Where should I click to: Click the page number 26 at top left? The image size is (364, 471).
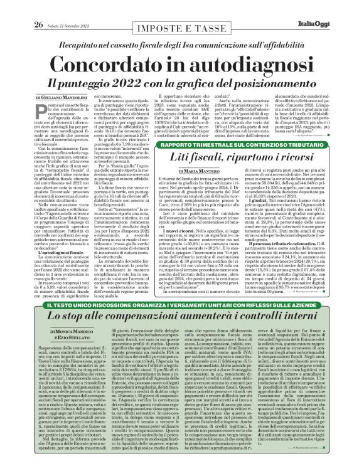click(21, 8)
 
